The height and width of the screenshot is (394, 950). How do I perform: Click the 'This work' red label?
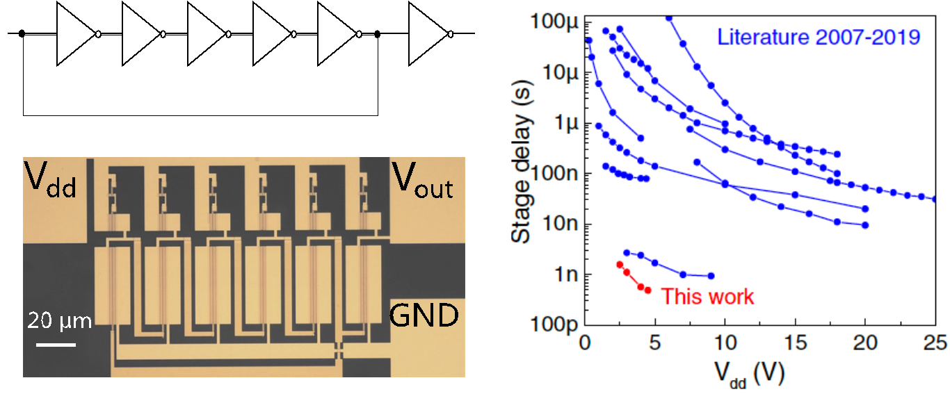707,297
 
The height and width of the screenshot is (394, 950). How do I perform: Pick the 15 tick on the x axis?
795,341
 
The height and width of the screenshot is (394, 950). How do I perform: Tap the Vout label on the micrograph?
423,182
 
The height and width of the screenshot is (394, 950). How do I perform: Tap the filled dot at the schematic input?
22,33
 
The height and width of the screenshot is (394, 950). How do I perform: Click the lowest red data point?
648,290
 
